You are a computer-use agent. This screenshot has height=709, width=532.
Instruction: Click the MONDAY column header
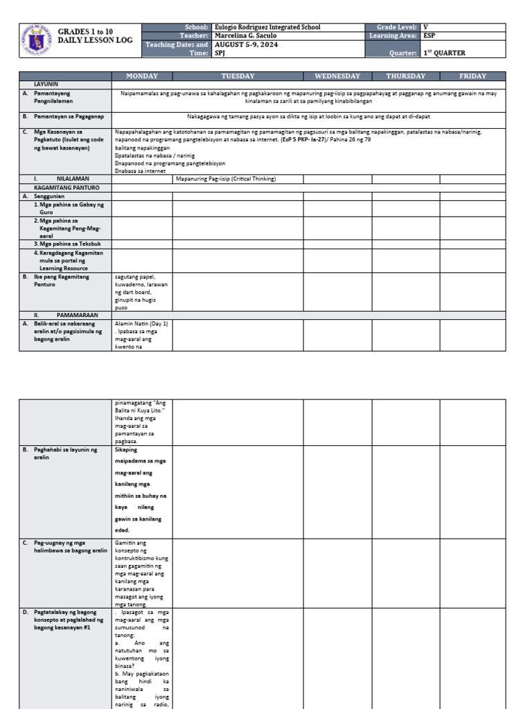point(141,76)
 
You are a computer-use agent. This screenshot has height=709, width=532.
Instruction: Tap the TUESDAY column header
point(238,76)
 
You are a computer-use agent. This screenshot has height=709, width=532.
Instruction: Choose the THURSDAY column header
point(405,76)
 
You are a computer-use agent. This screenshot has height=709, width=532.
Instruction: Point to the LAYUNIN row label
point(46,84)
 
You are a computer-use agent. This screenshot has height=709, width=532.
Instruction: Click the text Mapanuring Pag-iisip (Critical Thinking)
point(227,179)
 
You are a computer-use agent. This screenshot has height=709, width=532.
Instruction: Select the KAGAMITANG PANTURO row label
point(64,187)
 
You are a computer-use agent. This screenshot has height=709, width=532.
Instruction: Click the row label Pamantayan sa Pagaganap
point(68,117)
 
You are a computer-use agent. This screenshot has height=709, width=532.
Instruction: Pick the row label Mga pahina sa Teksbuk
point(68,244)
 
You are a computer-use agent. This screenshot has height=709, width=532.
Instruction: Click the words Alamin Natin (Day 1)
point(142,323)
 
